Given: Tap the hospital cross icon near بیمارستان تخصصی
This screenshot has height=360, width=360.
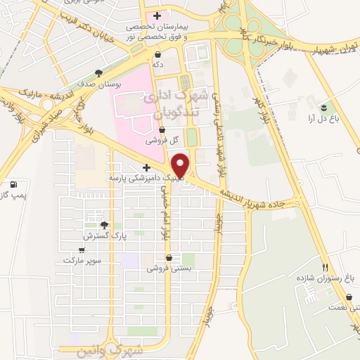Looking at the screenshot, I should pyautogui.click(x=157, y=15).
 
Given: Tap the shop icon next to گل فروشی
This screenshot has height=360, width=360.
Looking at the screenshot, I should pyautogui.click(x=162, y=129).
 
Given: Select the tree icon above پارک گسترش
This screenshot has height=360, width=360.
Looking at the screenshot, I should pyautogui.click(x=104, y=225).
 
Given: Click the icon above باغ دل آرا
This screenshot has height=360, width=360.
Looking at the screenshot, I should pyautogui.click(x=323, y=108).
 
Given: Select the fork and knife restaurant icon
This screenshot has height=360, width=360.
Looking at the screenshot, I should pyautogui.click(x=324, y=267).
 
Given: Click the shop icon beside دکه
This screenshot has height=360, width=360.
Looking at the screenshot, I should pyautogui.click(x=157, y=53).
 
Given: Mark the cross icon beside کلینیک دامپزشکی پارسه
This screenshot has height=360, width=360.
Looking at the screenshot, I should pyautogui.click(x=146, y=168).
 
